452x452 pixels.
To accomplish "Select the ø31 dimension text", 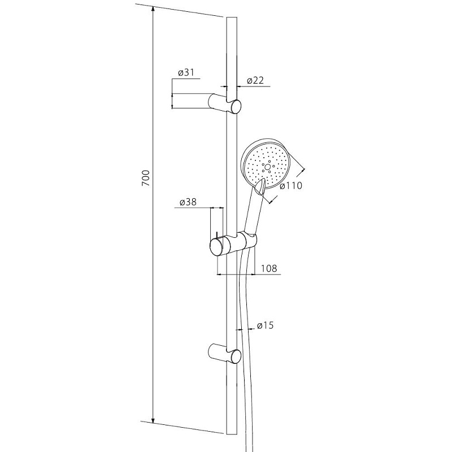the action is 186,72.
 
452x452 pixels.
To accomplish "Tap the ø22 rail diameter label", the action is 255,80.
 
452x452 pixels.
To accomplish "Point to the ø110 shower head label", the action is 291,185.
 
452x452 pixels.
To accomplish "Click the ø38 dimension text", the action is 188,202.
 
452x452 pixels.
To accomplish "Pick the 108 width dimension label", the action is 269,268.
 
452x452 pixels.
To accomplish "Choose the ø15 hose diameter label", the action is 265,325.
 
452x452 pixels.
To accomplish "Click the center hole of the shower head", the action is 267,167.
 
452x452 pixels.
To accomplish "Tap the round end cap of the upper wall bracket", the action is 236,106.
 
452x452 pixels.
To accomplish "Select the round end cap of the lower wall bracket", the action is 236,357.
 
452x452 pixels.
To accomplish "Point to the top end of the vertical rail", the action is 232,18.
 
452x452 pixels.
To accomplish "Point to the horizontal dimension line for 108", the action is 236,274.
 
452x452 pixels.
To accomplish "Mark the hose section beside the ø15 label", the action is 244,329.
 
